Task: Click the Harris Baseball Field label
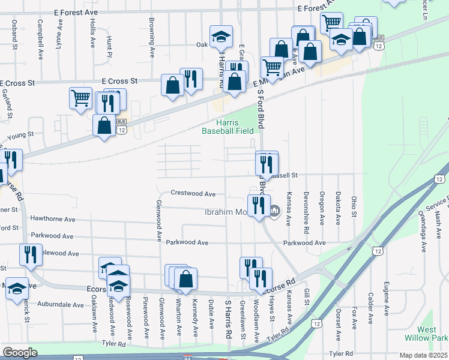pos(227,125)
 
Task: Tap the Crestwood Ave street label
pos(193,194)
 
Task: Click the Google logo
pos(20,353)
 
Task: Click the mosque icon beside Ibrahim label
pos(276,211)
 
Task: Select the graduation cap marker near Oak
pos(221,37)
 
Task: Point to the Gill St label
pos(306,296)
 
